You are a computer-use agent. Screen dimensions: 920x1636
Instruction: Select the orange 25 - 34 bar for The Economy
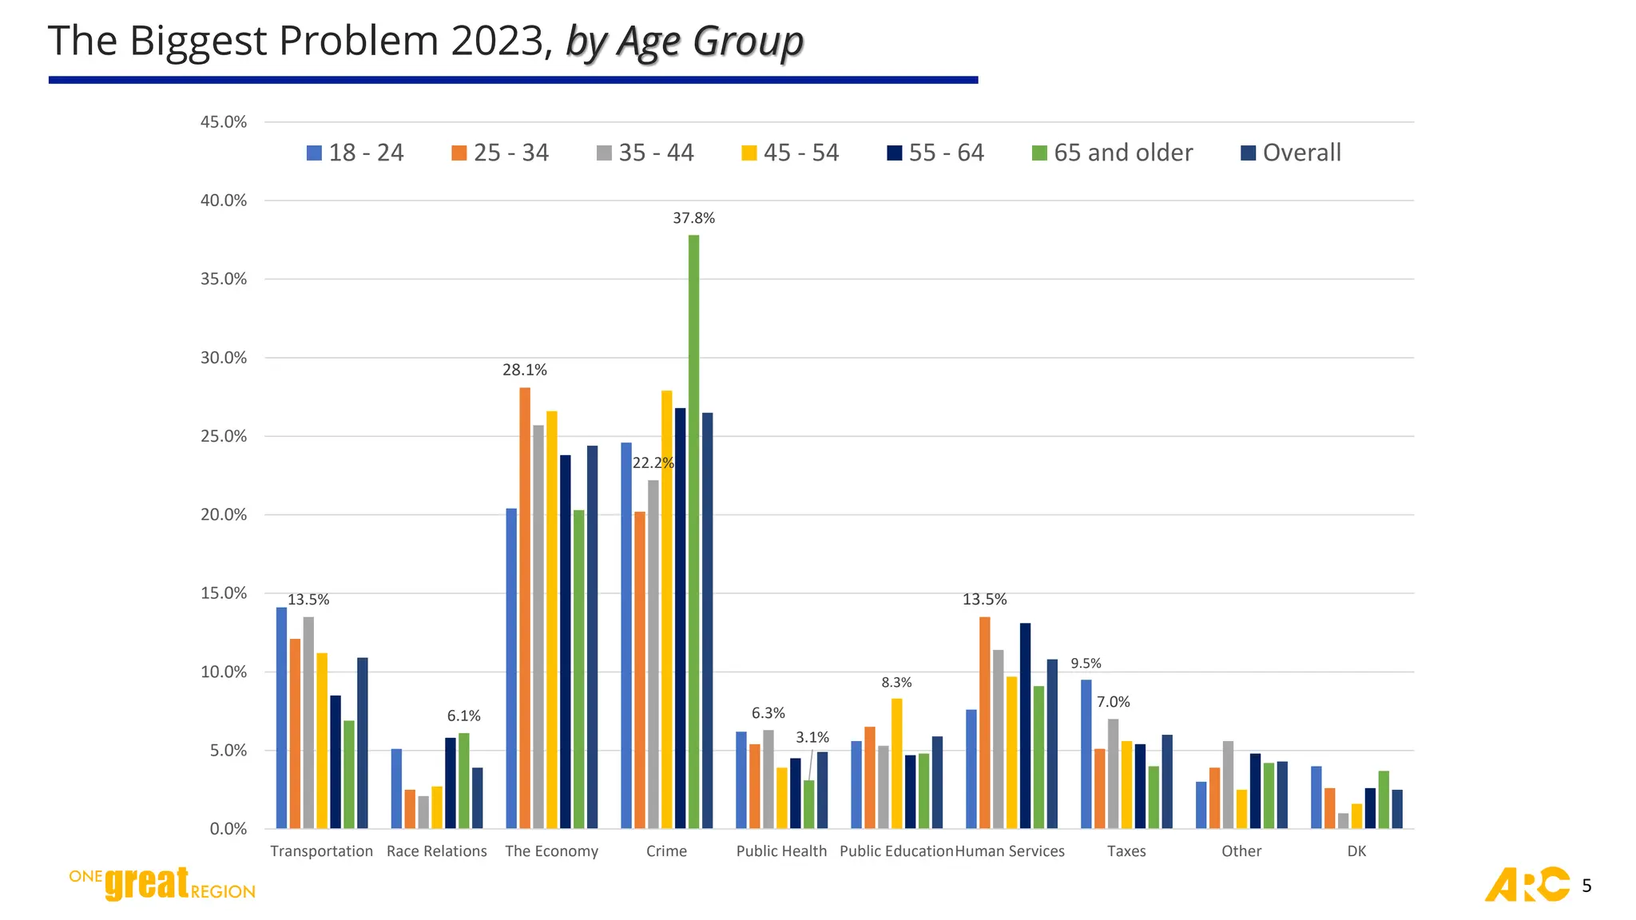525,607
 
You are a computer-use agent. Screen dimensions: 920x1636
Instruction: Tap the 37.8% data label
693,218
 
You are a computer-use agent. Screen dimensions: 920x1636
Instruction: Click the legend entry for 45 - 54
790,153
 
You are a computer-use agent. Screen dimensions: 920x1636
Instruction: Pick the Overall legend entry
1291,153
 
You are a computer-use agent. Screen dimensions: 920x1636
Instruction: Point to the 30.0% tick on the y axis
224,358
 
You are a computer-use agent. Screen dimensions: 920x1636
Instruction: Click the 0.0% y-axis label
228,829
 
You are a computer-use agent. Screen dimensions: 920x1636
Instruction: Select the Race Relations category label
436,851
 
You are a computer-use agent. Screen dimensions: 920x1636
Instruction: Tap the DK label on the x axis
1356,851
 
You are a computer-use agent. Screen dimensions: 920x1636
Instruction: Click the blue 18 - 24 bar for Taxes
1086,754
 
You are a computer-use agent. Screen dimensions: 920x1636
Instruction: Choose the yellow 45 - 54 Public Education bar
896,763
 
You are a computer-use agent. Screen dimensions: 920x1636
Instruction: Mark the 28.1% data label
525,370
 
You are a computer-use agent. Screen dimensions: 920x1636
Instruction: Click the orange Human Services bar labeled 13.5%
984,722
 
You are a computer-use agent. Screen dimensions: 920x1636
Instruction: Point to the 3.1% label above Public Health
812,737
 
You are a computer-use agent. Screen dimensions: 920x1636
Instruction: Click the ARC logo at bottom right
1527,884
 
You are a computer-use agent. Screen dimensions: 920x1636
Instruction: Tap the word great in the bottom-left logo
147,883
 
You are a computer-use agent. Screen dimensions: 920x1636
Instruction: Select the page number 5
1586,886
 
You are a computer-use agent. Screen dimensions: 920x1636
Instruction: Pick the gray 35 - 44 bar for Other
1228,785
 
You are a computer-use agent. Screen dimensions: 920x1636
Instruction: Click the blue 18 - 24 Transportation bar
281,718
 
